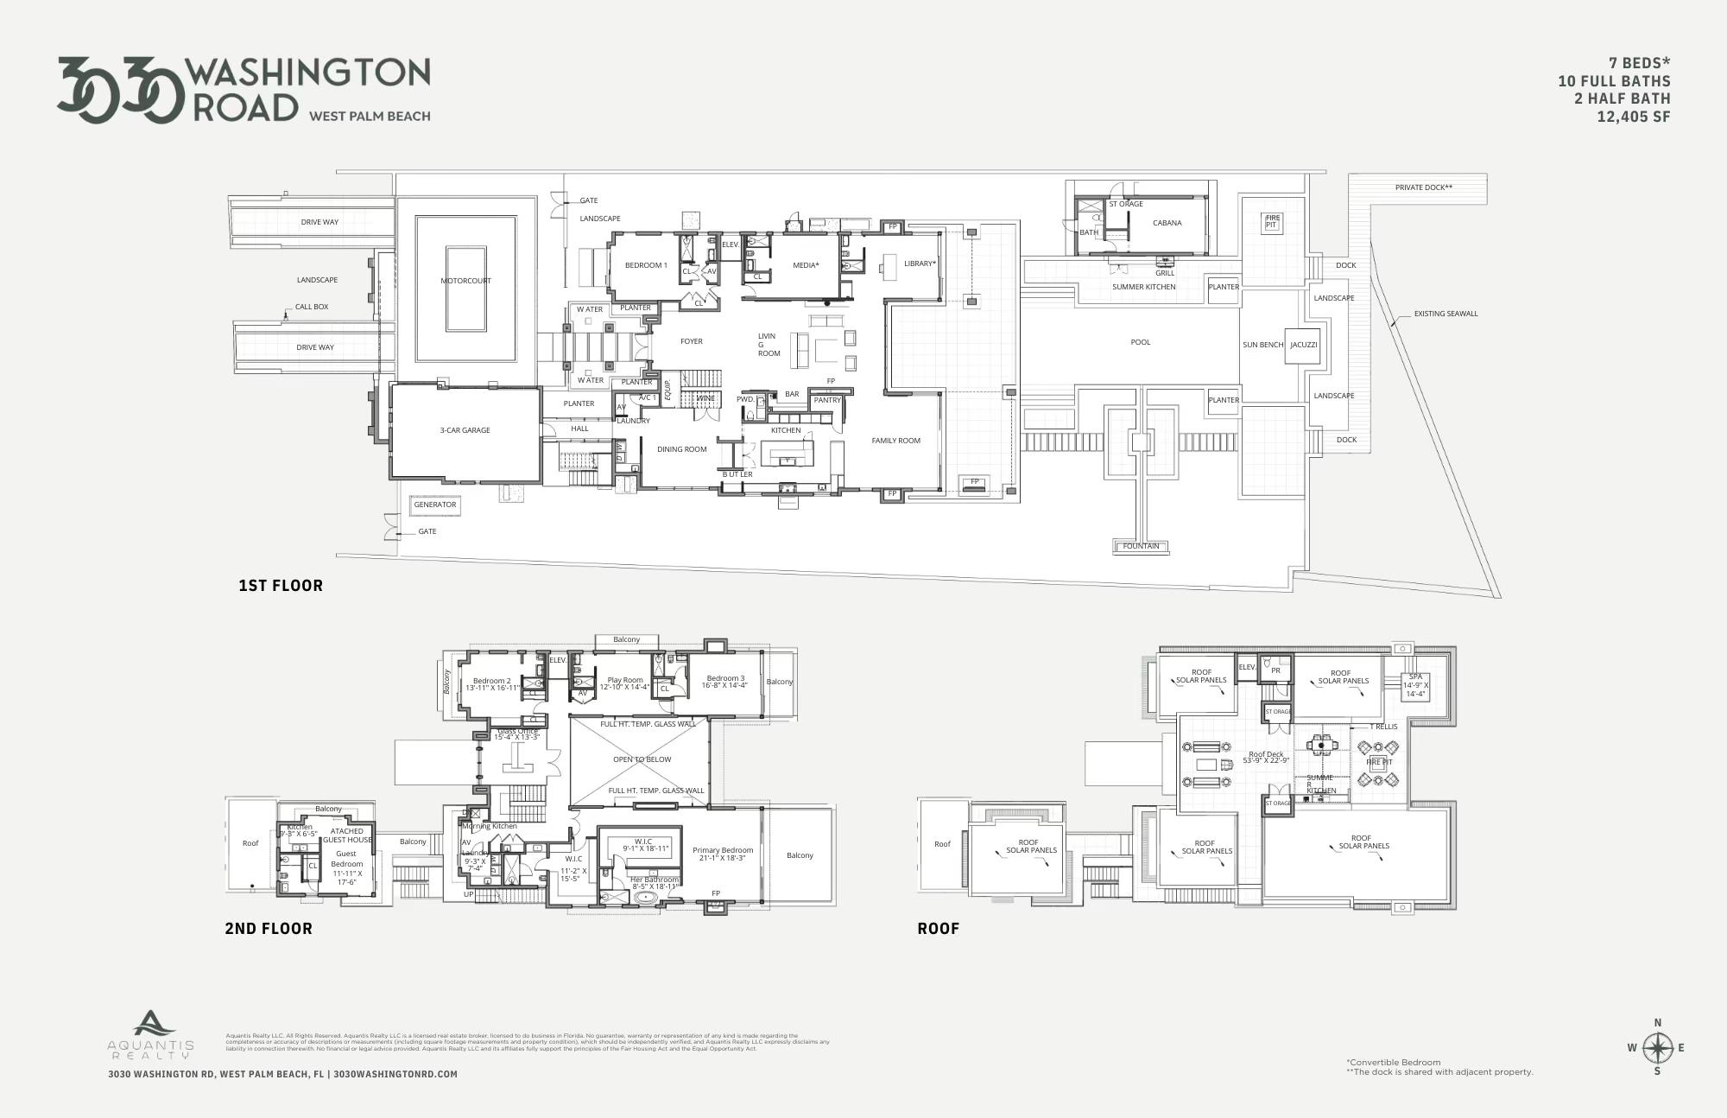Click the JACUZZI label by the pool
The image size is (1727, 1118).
1303,345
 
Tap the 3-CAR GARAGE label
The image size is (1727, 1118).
465,430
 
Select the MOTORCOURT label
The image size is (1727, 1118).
465,281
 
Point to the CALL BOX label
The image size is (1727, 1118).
312,307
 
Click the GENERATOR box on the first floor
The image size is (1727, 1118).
434,505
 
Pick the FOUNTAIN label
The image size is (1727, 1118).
1141,546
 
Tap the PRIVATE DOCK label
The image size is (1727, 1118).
1423,187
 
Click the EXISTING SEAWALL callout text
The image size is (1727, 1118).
1445,314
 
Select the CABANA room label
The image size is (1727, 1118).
1167,223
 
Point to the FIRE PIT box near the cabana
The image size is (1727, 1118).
1271,222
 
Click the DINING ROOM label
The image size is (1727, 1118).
681,449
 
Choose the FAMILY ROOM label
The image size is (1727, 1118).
895,441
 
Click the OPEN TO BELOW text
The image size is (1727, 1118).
642,759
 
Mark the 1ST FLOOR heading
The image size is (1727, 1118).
281,586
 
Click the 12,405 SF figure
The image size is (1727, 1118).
1633,118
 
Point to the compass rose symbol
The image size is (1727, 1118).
1657,1048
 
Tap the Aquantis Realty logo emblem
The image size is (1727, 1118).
154,1025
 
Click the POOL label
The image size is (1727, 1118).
1140,342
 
